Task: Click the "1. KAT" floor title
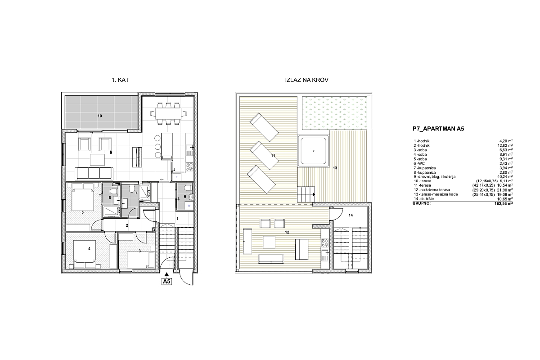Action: [x=120, y=80]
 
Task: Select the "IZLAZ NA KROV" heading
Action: [x=306, y=80]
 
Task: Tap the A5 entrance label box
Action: [x=166, y=281]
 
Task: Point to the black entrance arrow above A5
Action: [x=166, y=274]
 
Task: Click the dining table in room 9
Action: [x=168, y=113]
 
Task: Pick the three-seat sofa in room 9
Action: [x=94, y=174]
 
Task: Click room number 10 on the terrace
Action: [x=99, y=116]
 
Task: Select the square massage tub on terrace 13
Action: [x=313, y=151]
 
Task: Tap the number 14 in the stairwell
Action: [x=351, y=215]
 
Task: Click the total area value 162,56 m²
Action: [x=504, y=203]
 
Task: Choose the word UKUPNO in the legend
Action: [x=422, y=203]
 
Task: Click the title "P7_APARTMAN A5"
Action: [x=438, y=129]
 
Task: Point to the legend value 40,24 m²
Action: [x=506, y=176]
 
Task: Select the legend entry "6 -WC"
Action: [x=419, y=163]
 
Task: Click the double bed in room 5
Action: [x=82, y=200]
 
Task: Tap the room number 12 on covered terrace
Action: [x=287, y=232]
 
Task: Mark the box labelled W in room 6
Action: [x=189, y=206]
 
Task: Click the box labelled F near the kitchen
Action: [x=176, y=177]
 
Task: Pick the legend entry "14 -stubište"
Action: [x=424, y=199]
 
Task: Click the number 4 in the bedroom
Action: [x=89, y=248]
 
